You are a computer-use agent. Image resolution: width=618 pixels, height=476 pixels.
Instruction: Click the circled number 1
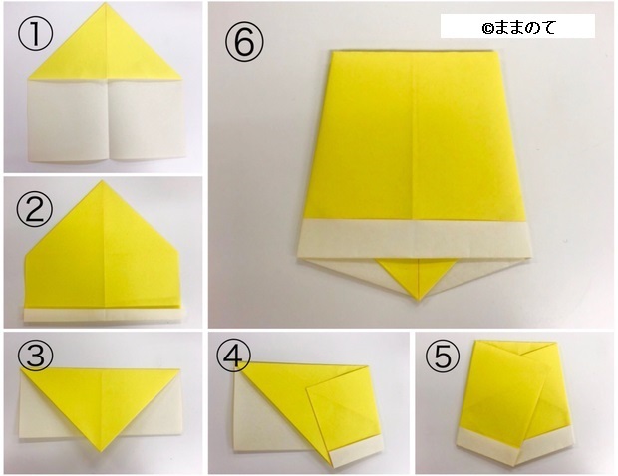tap(34, 36)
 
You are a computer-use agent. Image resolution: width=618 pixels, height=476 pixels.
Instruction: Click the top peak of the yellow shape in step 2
tap(101, 182)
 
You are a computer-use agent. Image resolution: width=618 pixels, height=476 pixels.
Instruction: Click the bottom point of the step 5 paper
tap(512, 465)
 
